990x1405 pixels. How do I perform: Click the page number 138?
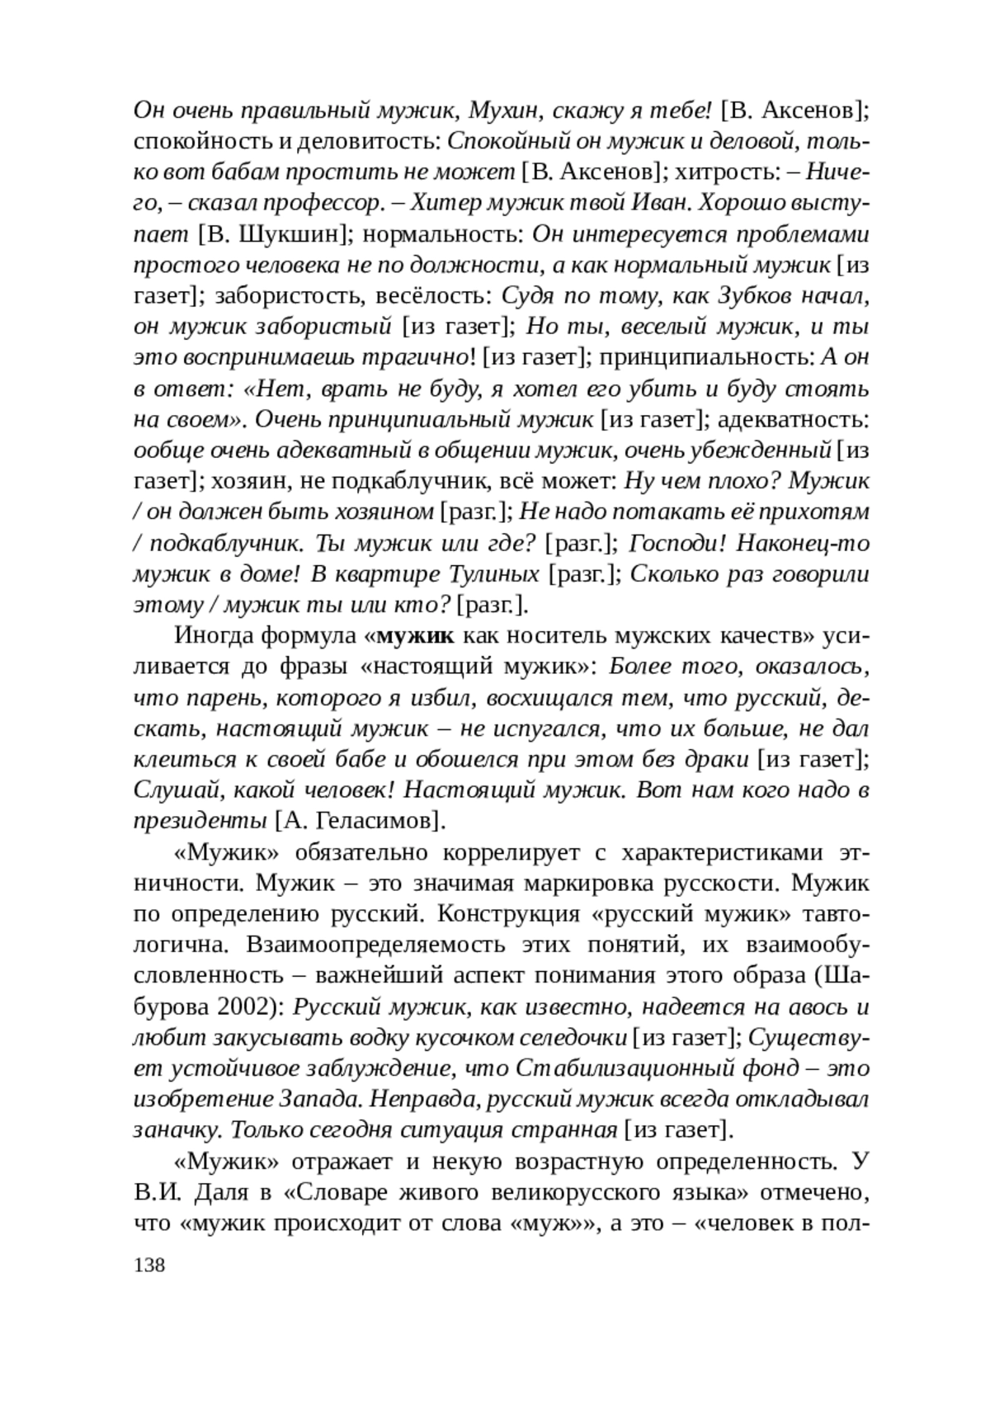coord(149,1266)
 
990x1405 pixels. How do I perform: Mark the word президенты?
coord(200,821)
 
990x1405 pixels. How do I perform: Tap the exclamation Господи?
coord(676,544)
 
